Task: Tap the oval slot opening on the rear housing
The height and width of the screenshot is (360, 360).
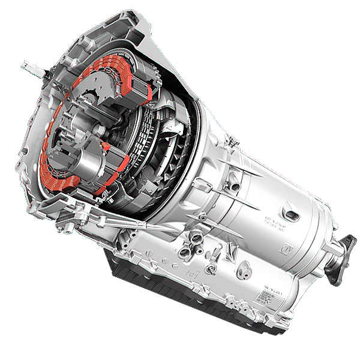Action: click(x=293, y=214)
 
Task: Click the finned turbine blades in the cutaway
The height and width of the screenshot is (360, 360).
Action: click(x=171, y=144)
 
